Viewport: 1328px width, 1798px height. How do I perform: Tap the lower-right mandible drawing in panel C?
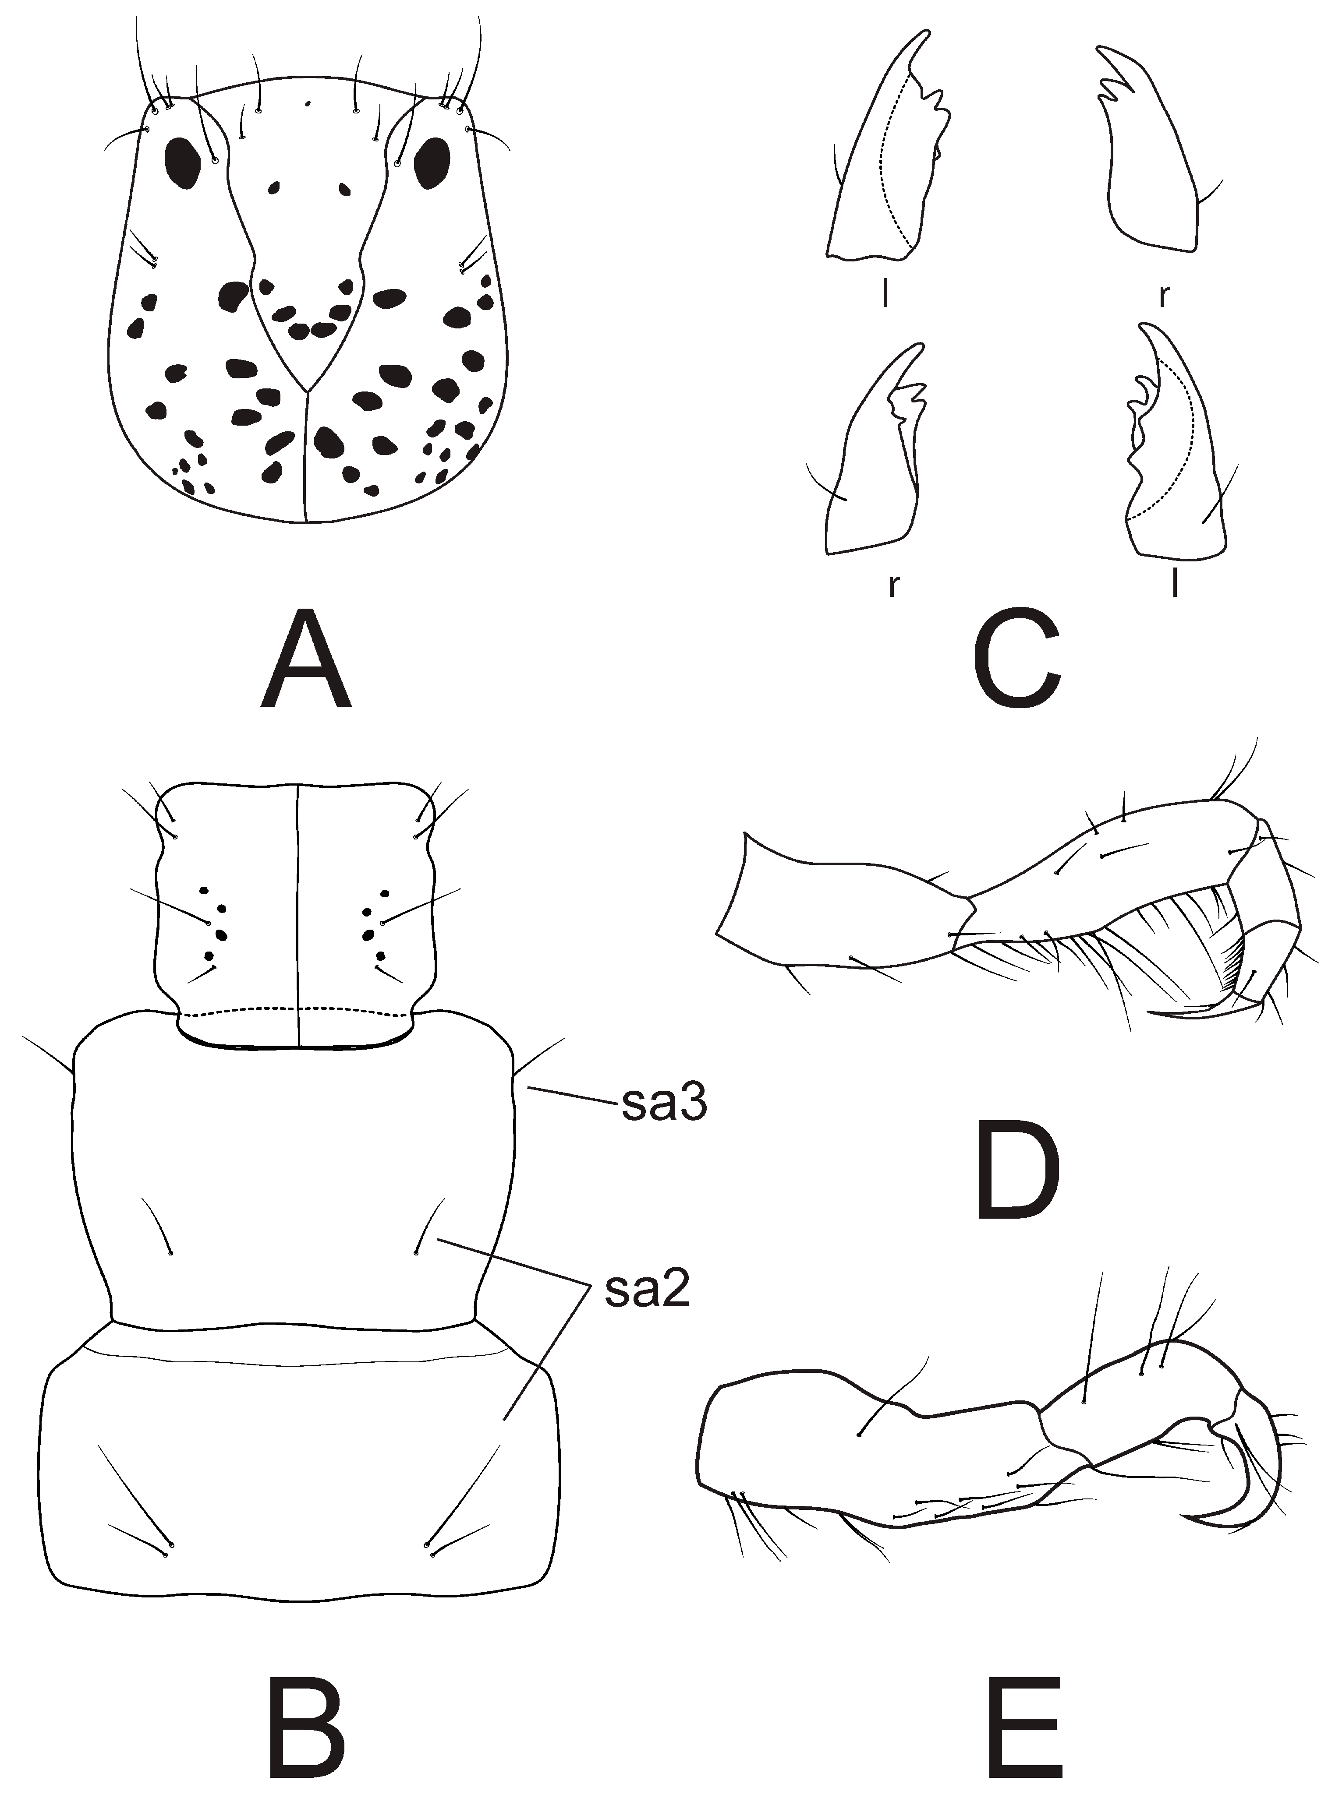[1174, 450]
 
